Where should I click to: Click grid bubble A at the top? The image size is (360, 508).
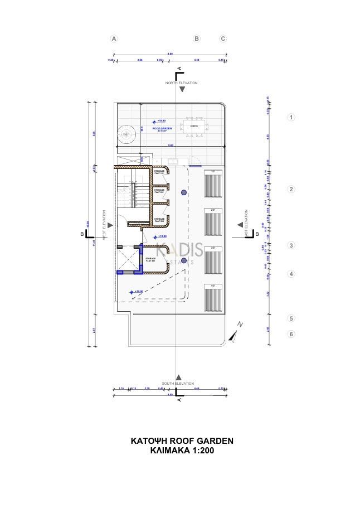tap(114, 39)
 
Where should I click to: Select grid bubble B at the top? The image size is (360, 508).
tap(196, 39)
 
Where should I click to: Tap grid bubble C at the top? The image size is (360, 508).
tap(223, 39)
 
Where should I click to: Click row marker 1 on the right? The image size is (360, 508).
tap(290, 117)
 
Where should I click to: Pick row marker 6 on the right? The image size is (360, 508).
tap(290, 334)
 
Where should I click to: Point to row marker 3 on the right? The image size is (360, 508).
tap(290, 245)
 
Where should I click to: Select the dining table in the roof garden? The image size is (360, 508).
tap(194, 126)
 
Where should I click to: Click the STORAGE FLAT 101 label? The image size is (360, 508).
tap(159, 172)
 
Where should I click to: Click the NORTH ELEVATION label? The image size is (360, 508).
tap(181, 83)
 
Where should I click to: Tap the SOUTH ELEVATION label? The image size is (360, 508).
tap(178, 384)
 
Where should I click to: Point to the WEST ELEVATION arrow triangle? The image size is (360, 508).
tap(110, 225)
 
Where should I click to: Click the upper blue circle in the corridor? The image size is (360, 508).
tap(183, 192)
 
